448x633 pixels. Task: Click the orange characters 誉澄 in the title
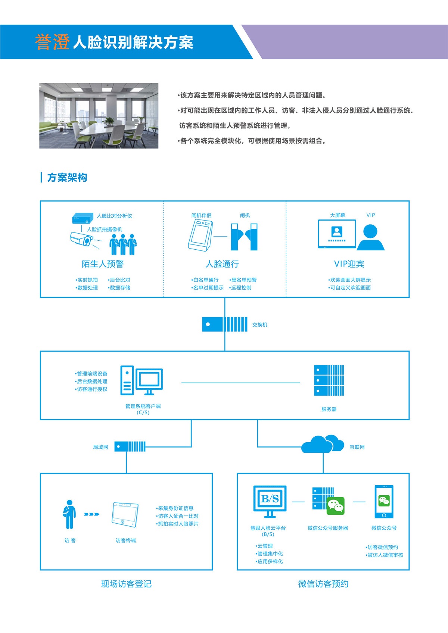tap(52, 42)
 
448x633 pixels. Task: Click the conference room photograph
tap(99, 116)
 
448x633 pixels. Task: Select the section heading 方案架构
tap(67, 178)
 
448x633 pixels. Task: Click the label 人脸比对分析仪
tap(114, 216)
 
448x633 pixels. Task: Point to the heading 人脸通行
tap(222, 264)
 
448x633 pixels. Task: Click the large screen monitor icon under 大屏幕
tap(337, 234)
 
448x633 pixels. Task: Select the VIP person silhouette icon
tap(370, 237)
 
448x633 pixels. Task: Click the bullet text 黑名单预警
tap(244, 280)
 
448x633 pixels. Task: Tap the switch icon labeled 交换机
tap(224, 324)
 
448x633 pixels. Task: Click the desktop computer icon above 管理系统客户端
tap(141, 380)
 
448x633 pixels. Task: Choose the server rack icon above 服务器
tap(329, 380)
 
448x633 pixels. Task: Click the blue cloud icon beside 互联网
tap(323, 444)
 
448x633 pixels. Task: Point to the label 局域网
tap(100, 447)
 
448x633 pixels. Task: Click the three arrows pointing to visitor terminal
tap(91, 514)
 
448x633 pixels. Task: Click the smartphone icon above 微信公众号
tap(384, 502)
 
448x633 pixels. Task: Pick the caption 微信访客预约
tap(323, 584)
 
